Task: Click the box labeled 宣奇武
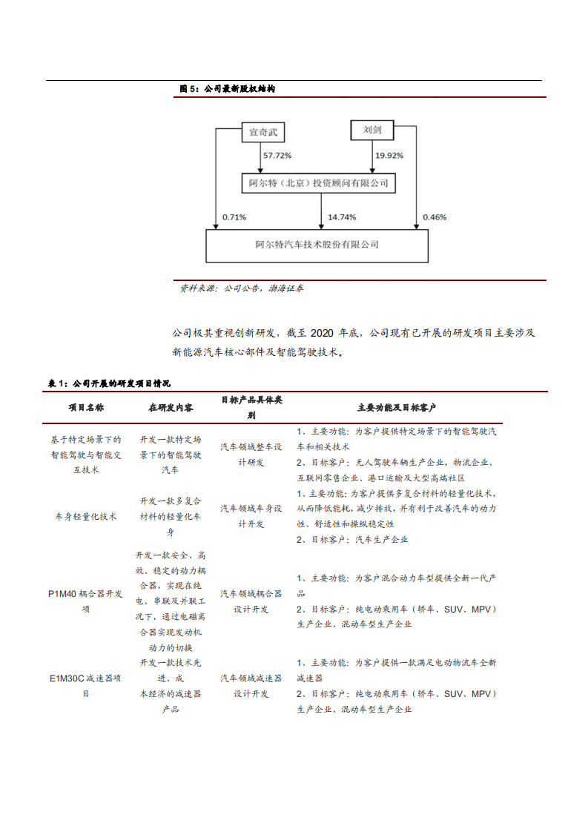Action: coord(262,133)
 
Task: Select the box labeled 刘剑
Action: coord(372,130)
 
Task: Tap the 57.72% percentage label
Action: coord(277,156)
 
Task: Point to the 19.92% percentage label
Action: coord(389,156)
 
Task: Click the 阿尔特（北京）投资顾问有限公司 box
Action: coord(318,183)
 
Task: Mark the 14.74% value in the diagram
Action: coord(342,217)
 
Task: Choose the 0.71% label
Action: coord(234,217)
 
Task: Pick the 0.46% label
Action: coord(435,217)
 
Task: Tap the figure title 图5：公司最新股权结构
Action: coord(228,89)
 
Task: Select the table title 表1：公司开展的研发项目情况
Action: coord(109,383)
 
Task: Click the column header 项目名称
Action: coord(86,408)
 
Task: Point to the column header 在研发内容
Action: coord(171,408)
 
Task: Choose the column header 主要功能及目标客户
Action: coord(397,408)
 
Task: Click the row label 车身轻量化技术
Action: coord(86,517)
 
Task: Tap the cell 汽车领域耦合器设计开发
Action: coord(251,601)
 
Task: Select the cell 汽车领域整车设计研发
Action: coord(251,454)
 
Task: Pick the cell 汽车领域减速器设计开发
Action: coord(251,686)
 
